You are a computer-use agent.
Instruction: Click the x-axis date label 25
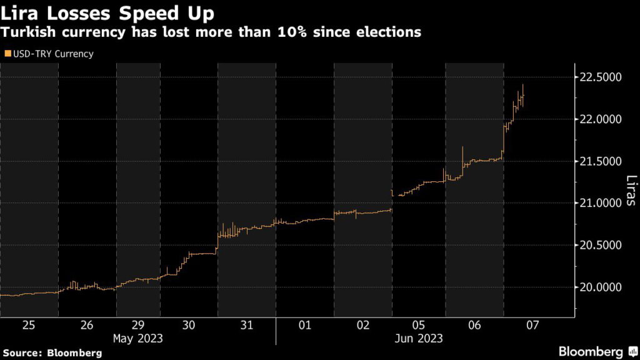coord(29,325)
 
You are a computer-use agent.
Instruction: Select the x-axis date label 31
coord(246,325)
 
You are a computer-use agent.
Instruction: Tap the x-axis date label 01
coord(304,325)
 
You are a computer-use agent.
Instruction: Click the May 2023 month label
coord(137,338)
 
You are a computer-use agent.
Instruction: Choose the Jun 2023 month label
coord(419,338)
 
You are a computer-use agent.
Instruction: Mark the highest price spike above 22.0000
coord(522,86)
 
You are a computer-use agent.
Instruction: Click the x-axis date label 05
coord(419,325)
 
